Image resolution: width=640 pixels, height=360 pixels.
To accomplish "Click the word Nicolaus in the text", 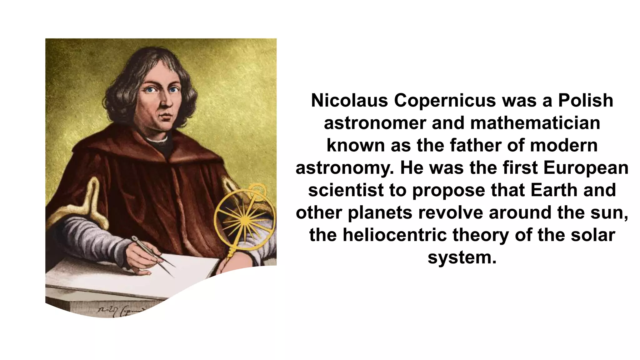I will pos(349,101).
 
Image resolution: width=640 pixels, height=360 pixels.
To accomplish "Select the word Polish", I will pos(586,101).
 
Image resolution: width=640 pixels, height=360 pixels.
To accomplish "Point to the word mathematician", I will pos(535,123).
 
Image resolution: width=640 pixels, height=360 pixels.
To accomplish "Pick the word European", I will pos(586,168).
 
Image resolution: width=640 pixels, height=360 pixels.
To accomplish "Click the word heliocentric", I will pos(394,235).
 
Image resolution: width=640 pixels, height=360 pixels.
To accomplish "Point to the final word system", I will pos(462,258).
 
